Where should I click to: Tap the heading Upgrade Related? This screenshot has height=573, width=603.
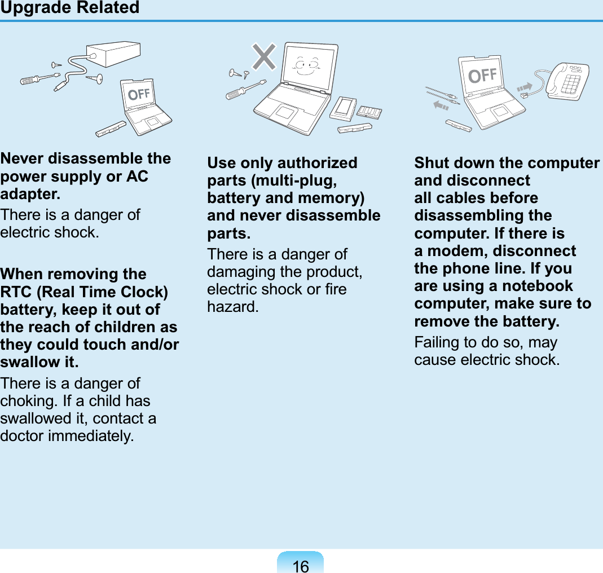click(70, 8)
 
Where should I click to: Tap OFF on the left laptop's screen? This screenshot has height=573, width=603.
click(139, 94)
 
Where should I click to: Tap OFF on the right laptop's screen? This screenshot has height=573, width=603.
click(483, 74)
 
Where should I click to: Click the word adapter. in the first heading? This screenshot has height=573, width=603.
click(30, 194)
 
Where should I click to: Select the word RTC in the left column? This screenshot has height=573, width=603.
click(16, 292)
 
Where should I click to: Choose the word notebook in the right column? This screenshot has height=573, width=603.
click(537, 286)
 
